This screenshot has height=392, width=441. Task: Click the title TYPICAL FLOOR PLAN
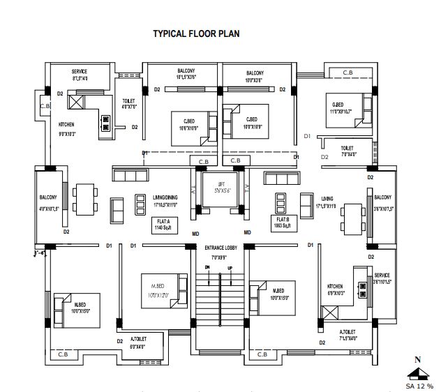click(x=196, y=33)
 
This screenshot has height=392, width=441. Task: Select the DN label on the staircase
click(x=207, y=267)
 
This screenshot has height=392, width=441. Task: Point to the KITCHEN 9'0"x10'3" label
click(x=66, y=128)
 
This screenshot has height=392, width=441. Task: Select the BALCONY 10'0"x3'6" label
click(x=255, y=77)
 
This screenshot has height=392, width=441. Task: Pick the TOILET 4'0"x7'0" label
click(x=129, y=104)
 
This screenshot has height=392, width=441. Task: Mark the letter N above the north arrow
click(x=418, y=360)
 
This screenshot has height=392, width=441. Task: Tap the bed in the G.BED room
click(x=348, y=110)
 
